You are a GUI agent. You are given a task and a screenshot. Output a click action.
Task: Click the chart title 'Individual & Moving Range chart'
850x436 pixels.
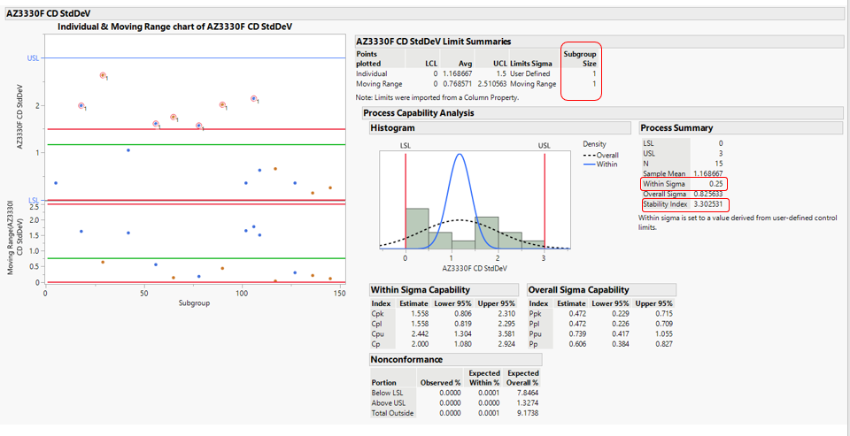(175, 27)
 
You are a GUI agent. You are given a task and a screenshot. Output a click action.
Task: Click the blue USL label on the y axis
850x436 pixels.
(33, 57)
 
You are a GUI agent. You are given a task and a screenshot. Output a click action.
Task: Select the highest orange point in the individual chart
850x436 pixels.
(103, 76)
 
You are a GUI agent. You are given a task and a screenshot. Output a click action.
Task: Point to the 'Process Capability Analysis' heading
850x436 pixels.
(419, 113)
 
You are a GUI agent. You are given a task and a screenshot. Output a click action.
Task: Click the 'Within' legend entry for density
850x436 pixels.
(607, 164)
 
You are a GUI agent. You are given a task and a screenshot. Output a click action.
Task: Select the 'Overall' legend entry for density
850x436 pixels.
(607, 155)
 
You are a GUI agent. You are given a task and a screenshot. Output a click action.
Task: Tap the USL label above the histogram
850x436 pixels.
(544, 145)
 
